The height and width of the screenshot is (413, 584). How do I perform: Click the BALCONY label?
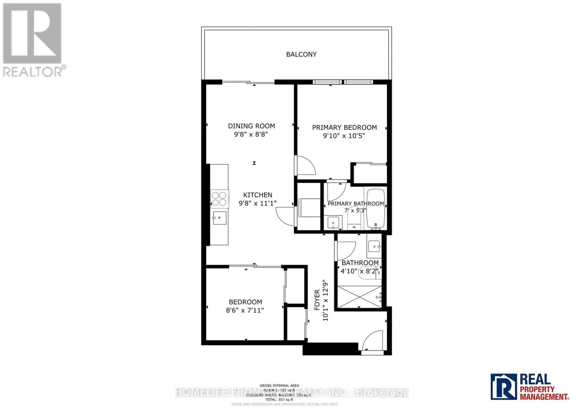pos(301,54)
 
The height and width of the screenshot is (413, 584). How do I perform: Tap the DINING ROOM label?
pos(251,126)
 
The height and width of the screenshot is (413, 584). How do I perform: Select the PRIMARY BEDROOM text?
pos(344,127)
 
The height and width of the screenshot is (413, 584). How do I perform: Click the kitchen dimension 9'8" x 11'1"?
pos(258,203)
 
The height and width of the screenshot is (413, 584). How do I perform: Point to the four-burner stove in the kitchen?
pos(219,199)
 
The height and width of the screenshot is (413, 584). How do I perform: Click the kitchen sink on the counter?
pos(219,218)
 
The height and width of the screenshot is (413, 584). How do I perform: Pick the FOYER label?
pos(317,300)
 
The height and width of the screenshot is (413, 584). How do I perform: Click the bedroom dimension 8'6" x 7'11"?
pos(245,310)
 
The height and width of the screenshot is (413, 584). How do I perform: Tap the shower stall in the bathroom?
pos(360,297)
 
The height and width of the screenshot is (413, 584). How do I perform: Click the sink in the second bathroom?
pos(374,246)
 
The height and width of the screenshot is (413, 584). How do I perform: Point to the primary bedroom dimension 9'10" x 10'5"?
pos(344,136)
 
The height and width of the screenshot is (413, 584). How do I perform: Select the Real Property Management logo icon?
pos(504,386)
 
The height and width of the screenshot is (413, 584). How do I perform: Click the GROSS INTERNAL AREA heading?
pos(279,386)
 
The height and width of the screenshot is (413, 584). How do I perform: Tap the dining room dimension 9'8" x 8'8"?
pos(251,134)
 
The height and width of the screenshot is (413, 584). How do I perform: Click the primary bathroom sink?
pos(334,222)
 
